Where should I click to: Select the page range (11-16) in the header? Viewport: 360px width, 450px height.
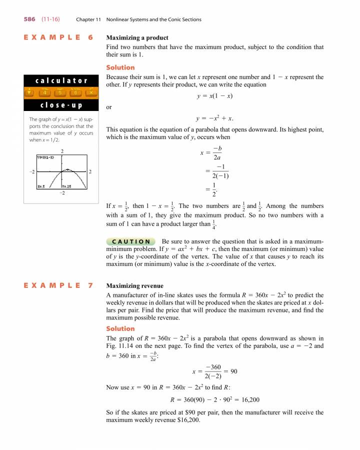51,19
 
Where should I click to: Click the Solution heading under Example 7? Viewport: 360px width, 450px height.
120,328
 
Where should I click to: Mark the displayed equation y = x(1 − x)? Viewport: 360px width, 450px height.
215,96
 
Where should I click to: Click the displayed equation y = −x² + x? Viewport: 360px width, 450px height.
215,118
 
